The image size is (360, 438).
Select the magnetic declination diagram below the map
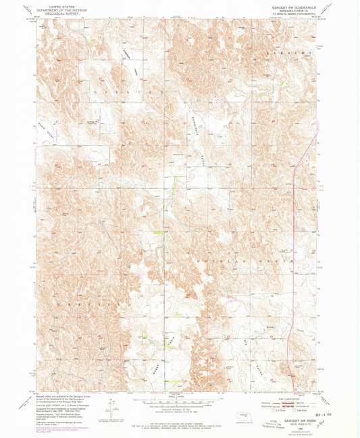click(x=111, y=408)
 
